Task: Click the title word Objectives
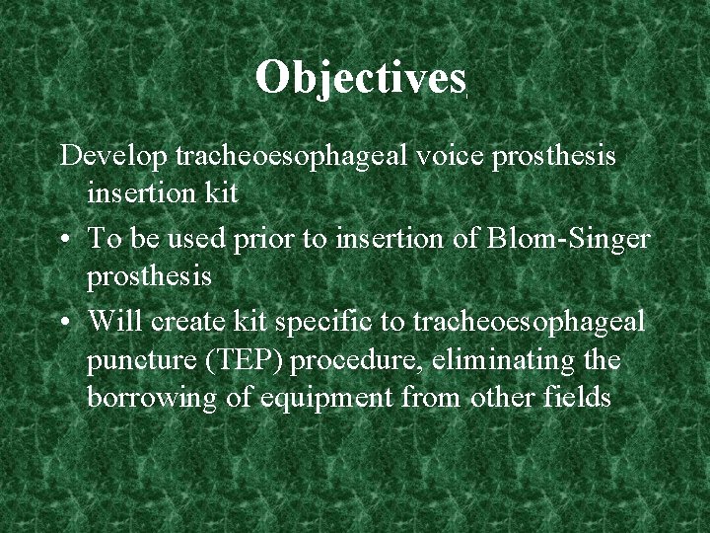pyautogui.click(x=359, y=77)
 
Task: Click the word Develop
pyautogui.click(x=113, y=156)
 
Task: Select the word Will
pyautogui.click(x=113, y=323)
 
